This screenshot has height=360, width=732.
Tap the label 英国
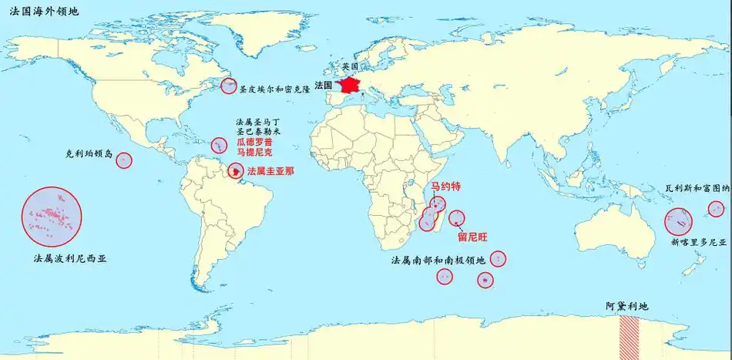click(351, 67)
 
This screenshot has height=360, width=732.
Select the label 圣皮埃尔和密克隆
click(274, 89)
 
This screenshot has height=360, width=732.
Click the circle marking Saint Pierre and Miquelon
click(229, 86)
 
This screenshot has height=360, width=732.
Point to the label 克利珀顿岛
click(89, 154)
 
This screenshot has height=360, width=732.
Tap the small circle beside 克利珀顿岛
click(124, 160)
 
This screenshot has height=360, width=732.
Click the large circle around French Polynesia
click(52, 216)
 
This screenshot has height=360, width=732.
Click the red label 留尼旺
click(472, 236)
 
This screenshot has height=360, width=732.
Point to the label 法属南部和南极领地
click(438, 260)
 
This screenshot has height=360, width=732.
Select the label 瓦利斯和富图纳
click(697, 188)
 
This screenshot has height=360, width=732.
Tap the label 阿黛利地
click(627, 306)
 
